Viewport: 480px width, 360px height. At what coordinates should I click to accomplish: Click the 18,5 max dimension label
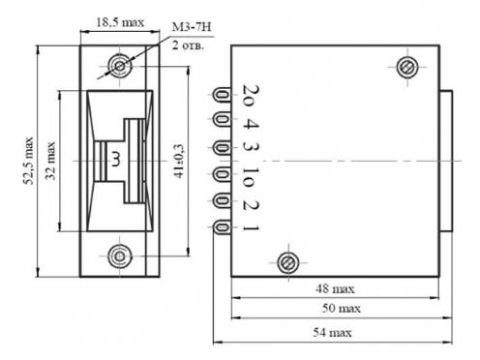tap(120, 22)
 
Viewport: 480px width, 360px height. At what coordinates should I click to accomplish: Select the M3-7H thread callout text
tap(192, 27)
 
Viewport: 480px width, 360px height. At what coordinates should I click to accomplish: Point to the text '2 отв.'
tap(188, 45)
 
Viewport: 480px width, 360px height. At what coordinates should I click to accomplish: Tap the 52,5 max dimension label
tap(28, 161)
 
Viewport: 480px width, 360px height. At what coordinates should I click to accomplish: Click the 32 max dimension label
tap(50, 161)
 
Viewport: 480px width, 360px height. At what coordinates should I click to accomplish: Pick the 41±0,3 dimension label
tap(178, 161)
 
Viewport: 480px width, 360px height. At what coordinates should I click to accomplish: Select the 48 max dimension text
tap(335, 288)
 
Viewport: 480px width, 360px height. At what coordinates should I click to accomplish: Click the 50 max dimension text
tap(342, 308)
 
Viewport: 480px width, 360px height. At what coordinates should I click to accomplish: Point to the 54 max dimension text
tap(332, 332)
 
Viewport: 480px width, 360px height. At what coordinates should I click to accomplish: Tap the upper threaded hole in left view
tap(120, 66)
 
